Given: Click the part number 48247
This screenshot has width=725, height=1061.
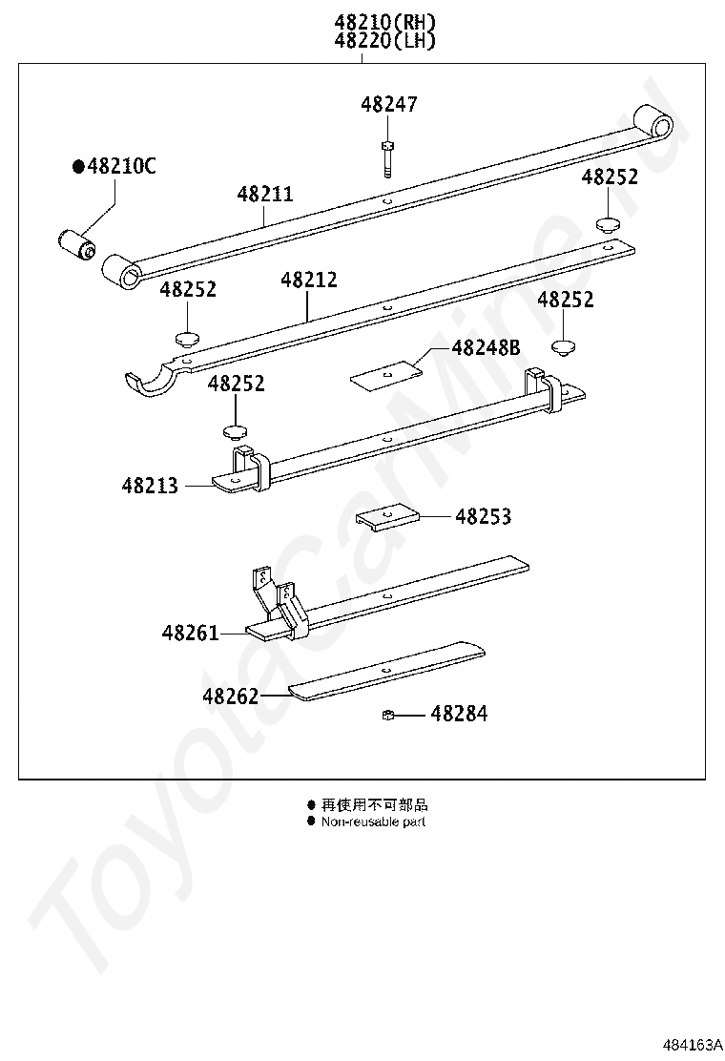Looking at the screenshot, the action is pos(389,104).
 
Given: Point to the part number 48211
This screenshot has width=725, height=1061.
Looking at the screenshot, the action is pos(265,195).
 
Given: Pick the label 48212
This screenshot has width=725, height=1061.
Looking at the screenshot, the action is pos(309,280).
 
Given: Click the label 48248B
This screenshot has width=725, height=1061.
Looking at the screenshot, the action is pos(486,348).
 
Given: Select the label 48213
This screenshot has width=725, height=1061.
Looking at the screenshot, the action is pos(150,486).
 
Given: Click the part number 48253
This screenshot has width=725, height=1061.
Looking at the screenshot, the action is pos(483,517).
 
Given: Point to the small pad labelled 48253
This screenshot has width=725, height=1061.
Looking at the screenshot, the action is pos(387,518).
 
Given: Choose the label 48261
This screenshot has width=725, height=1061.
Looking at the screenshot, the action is pos(190,634).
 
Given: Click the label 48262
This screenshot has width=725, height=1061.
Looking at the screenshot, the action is pos(231,697).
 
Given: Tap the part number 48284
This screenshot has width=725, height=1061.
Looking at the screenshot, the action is pos(459,714).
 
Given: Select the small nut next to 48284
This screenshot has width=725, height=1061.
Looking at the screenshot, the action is pos(388,714).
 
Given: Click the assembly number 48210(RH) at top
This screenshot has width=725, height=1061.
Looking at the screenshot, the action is pos(384,22).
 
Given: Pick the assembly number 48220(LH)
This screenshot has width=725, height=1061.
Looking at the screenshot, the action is pos(384,41).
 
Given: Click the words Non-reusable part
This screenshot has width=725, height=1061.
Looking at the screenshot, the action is pos(373,822).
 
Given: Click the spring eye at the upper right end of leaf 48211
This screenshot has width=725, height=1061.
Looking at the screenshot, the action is pos(653,123).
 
